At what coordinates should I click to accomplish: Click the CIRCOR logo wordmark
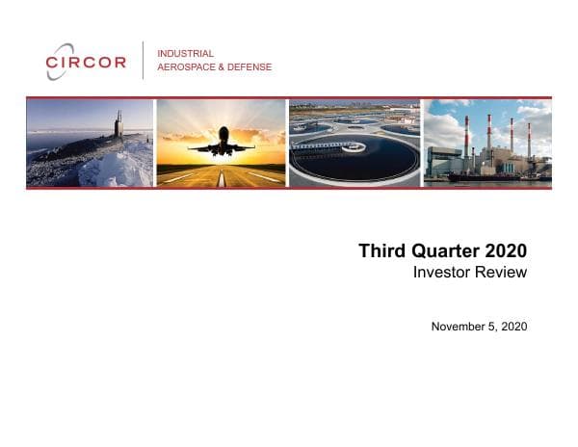87,63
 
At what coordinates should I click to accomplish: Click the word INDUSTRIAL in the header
185,54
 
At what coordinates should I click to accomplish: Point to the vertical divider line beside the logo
143,60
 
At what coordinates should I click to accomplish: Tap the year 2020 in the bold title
507,251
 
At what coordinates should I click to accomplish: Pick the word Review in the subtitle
504,273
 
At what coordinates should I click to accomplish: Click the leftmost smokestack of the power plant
466,136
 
